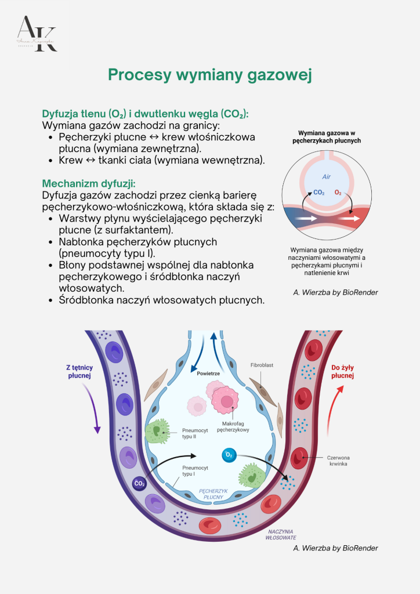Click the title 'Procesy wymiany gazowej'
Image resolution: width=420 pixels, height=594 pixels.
210,75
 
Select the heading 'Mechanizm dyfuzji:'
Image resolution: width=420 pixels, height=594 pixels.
88,183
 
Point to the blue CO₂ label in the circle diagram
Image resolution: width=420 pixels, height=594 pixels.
318,193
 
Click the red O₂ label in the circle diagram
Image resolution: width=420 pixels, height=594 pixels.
338,193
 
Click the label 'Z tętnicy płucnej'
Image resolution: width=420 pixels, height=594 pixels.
79,371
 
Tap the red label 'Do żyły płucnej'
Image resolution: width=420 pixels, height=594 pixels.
342,371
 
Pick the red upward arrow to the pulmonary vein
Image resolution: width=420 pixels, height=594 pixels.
332,412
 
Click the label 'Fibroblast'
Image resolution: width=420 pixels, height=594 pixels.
262,366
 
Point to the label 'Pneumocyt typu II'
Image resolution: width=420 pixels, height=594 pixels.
191,433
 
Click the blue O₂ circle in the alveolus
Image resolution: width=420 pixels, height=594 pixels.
229,455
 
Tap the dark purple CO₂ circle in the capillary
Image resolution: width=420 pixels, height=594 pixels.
140,483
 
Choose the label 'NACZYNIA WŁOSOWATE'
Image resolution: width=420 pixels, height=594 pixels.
281,534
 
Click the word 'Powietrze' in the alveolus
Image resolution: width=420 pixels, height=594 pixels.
208,374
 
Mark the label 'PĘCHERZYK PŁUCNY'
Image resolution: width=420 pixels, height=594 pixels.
211,494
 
